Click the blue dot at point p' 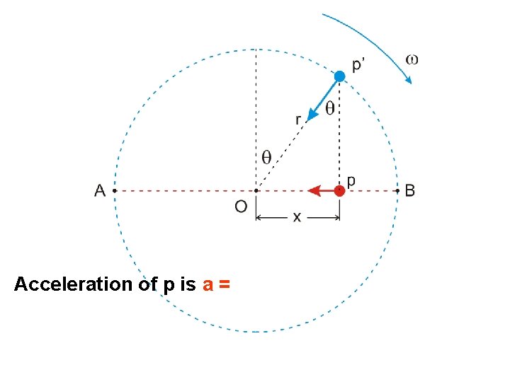[x=340, y=76]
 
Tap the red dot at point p [x=340, y=190]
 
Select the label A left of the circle [x=100, y=190]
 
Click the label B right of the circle [x=410, y=190]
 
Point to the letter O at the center [x=241, y=207]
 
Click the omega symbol [x=411, y=59]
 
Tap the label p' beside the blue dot [x=360, y=65]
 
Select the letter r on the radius [x=298, y=120]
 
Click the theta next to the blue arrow [x=330, y=109]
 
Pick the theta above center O [x=266, y=157]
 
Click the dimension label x [x=297, y=217]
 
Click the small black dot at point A [x=114, y=190]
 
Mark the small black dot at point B [x=397, y=190]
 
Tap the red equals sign [x=225, y=284]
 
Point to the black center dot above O [x=256, y=190]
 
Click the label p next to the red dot [x=351, y=180]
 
